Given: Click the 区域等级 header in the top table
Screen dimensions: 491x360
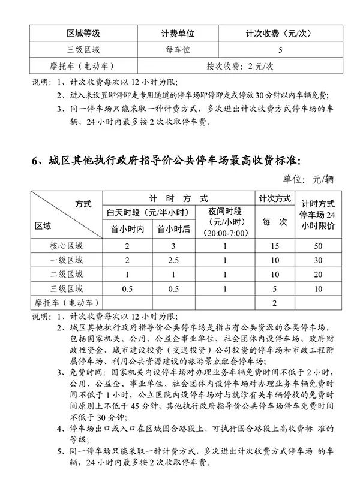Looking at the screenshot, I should [x=83, y=35].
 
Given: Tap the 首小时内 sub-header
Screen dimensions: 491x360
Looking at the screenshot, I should [x=127, y=228].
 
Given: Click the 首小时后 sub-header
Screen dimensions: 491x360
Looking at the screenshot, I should [x=173, y=228].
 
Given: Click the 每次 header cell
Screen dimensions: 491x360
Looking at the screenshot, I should [x=274, y=222].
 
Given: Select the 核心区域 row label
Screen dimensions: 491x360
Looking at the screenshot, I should [x=67, y=246].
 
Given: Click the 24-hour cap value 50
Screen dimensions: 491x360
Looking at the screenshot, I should [x=317, y=246].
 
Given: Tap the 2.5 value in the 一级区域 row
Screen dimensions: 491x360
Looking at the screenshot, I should [x=173, y=260].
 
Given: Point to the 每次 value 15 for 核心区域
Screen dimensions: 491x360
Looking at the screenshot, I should [x=274, y=246].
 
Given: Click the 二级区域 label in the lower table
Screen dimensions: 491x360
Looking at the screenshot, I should [x=67, y=274].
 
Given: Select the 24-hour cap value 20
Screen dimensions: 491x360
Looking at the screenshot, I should [x=317, y=274].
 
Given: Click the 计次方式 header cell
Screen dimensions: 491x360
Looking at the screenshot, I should [x=274, y=198].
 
